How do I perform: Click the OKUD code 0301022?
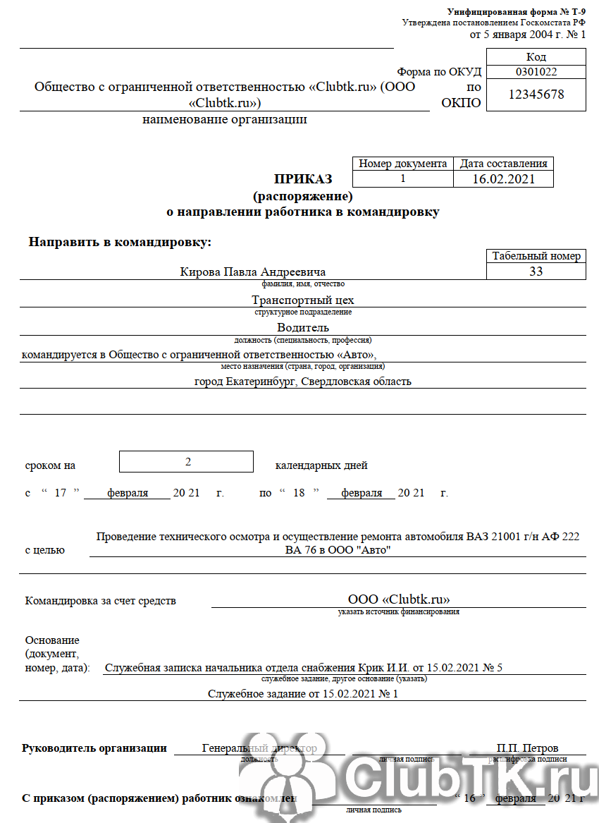tap(536, 71)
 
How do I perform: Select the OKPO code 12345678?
tap(536, 94)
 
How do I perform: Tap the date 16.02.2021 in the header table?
tap(503, 179)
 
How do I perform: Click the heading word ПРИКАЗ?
tap(303, 179)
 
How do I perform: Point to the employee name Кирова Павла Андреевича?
tap(253, 272)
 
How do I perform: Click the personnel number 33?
tap(536, 272)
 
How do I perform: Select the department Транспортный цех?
tap(303, 300)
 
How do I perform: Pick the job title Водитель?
tap(303, 327)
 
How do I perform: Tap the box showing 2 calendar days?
tap(187, 462)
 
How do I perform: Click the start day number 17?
tap(61, 493)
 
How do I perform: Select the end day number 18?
tap(299, 493)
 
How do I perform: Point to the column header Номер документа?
tap(403, 164)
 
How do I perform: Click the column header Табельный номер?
tap(536, 256)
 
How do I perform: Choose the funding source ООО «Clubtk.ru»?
tap(399, 600)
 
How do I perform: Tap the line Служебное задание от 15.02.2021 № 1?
tap(303, 694)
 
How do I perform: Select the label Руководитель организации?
tap(94, 748)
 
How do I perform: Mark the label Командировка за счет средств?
tap(101, 601)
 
